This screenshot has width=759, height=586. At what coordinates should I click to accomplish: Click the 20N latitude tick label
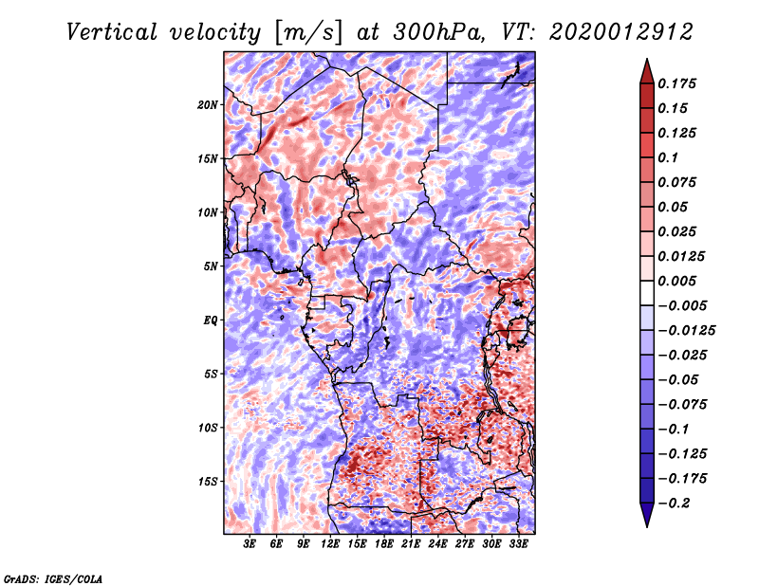coord(208,104)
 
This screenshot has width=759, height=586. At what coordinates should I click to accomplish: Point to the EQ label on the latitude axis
coord(210,320)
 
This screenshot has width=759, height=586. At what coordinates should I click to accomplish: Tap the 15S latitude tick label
coord(208,482)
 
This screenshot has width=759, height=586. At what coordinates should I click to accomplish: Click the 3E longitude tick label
coord(250,544)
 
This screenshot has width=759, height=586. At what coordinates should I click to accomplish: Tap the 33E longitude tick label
coord(518,544)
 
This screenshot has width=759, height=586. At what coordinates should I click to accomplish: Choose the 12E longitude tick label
coord(330,544)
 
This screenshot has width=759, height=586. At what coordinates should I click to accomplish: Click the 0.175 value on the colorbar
coord(679,84)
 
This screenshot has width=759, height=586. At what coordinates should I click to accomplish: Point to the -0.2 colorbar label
coord(676,504)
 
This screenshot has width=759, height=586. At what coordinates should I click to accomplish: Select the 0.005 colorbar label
coord(679,282)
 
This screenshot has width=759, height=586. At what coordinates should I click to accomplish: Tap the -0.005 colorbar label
coord(683,306)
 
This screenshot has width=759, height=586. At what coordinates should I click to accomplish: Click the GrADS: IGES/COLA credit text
coord(53,577)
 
